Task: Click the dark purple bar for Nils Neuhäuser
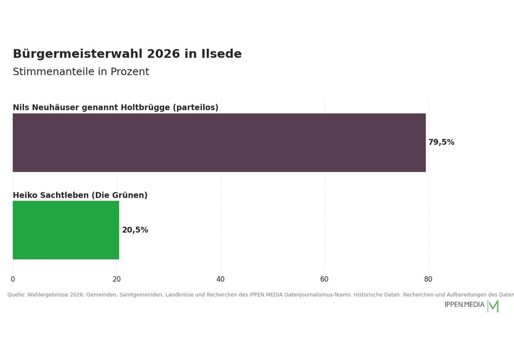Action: coord(219,142)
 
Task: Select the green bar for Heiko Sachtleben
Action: coord(66,230)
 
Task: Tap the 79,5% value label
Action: coord(441,142)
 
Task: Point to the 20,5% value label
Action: coord(135,230)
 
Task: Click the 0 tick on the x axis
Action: coord(13,279)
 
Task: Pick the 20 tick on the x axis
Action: coord(117,279)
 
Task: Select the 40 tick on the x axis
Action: coord(221,279)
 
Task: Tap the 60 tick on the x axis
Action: coord(324,279)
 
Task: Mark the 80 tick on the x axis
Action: coord(428,279)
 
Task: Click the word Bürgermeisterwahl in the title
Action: coord(78,54)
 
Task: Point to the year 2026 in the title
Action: coord(163,54)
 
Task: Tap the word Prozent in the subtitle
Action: coord(130,71)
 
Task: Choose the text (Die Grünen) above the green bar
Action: coord(119,195)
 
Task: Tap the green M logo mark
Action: coord(493,306)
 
